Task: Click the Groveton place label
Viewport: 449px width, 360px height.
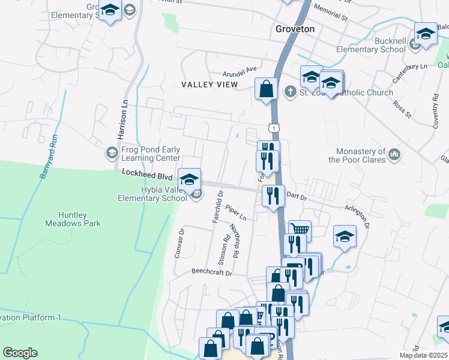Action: point(295,29)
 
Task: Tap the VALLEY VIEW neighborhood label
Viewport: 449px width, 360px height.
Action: point(209,85)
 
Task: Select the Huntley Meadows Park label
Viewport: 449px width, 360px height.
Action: point(71,219)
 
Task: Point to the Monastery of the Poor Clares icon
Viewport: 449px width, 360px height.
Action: point(394,155)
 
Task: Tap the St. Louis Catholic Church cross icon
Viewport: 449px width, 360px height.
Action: point(291,92)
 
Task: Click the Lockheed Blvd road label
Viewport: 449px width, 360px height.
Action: point(147,175)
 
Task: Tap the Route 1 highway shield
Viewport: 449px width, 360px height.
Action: point(274,128)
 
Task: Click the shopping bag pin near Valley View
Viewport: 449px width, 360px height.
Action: point(266,89)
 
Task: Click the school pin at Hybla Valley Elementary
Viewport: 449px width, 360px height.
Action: point(189,179)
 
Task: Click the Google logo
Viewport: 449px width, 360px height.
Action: point(20,352)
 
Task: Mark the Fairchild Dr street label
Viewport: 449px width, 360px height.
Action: point(217,206)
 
